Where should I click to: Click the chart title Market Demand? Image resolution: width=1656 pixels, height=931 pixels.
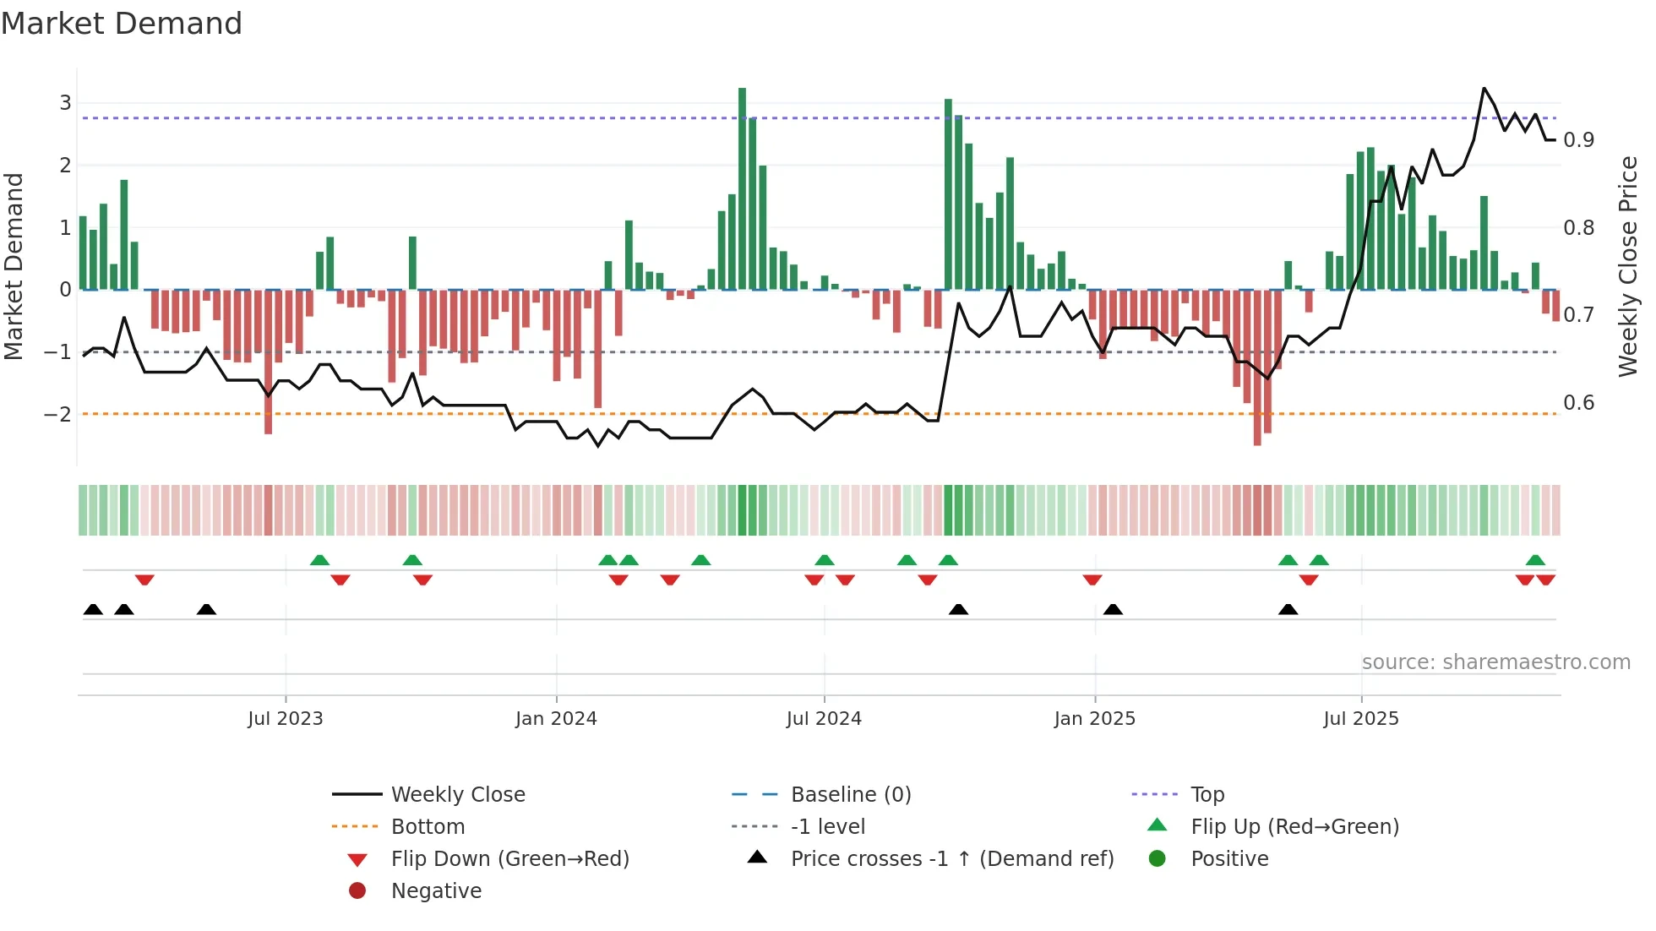(x=122, y=24)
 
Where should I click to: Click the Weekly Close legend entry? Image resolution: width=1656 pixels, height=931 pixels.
(x=457, y=794)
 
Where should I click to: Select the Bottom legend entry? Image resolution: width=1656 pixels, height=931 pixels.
(x=427, y=826)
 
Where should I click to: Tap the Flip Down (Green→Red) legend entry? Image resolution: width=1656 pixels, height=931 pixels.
(x=509, y=858)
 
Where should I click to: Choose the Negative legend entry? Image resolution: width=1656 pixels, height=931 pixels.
(x=435, y=890)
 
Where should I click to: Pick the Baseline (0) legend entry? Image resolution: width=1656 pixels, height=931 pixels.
(x=850, y=794)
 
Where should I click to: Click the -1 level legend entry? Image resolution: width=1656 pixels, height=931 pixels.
(x=827, y=826)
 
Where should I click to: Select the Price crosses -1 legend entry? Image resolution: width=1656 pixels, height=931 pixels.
(x=951, y=858)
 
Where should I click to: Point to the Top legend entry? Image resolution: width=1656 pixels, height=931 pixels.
(x=1207, y=794)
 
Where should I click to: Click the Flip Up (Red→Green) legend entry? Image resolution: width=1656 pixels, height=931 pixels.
(x=1294, y=826)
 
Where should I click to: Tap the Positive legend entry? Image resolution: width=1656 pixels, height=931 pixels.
(x=1228, y=858)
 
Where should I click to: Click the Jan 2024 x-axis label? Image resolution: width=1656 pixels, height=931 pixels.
(x=556, y=719)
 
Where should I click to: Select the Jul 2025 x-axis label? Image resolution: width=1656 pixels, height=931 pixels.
(x=1360, y=719)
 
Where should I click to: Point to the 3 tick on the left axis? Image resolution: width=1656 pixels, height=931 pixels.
(x=65, y=103)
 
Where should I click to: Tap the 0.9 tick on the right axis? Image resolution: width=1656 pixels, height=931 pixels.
(x=1578, y=140)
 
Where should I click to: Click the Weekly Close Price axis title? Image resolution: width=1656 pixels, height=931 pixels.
(x=1627, y=266)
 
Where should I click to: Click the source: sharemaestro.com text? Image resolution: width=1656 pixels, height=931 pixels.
(x=1495, y=662)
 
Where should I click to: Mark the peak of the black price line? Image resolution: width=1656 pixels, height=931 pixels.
(x=1484, y=88)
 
